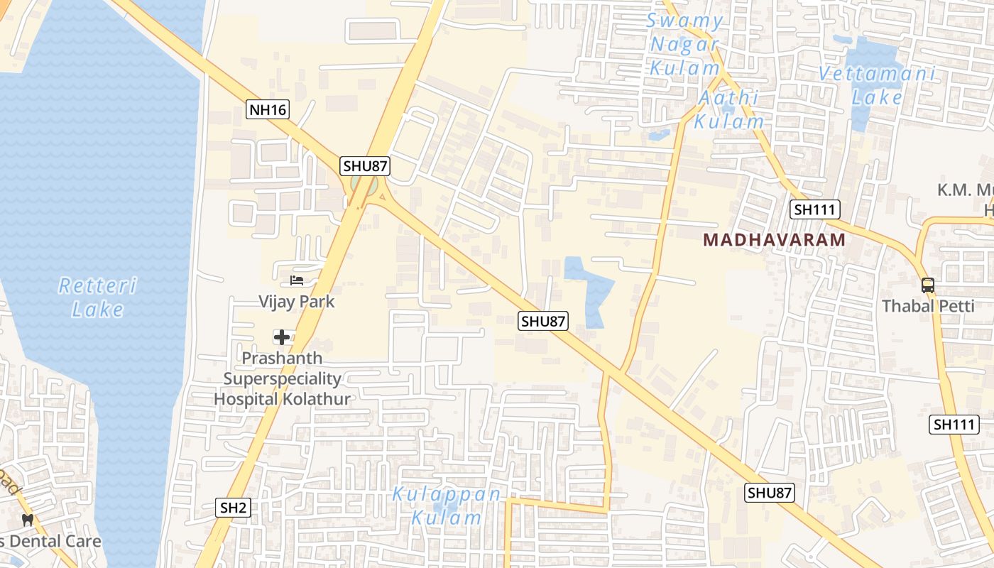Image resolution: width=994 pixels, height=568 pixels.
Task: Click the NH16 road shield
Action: (x=268, y=109)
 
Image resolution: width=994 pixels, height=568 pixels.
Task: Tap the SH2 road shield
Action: (x=233, y=507)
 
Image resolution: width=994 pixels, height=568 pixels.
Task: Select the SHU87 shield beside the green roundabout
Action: (x=366, y=166)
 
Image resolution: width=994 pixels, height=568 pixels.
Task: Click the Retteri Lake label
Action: (x=97, y=297)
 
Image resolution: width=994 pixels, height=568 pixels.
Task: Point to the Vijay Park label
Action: (x=296, y=302)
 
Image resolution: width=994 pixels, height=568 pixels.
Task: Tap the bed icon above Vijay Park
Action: (x=297, y=280)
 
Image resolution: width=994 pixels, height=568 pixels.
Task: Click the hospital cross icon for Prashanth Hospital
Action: (x=282, y=337)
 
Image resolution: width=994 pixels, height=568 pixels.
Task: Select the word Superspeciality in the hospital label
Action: (x=282, y=378)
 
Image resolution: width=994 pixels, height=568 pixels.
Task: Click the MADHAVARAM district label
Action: (x=775, y=240)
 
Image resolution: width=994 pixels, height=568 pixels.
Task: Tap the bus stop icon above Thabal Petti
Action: (x=928, y=285)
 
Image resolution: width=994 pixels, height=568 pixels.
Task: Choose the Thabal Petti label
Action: (x=928, y=307)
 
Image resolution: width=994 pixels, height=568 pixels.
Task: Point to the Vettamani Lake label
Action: (x=877, y=84)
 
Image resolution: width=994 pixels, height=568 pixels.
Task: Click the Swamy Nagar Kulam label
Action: (x=684, y=44)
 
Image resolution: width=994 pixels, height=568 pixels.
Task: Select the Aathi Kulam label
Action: (x=729, y=109)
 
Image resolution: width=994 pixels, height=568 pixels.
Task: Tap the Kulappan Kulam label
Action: (x=447, y=506)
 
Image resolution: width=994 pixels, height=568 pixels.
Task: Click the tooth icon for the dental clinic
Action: (x=28, y=520)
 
